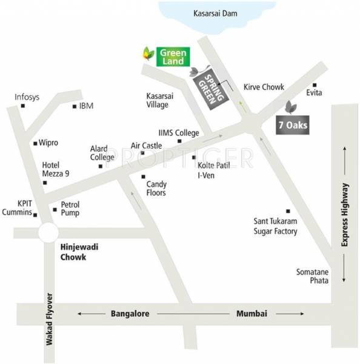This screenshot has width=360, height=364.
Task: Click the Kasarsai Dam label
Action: (x=214, y=13)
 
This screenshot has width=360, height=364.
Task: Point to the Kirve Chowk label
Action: (x=264, y=87)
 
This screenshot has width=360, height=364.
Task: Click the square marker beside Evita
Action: (x=315, y=85)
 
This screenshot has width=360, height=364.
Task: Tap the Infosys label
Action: (x=27, y=96)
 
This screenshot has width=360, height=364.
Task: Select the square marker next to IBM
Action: (x=75, y=106)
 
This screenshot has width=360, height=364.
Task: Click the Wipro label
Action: (x=48, y=143)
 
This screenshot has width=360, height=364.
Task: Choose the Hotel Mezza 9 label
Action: (x=55, y=169)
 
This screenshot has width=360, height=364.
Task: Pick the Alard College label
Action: (x=102, y=152)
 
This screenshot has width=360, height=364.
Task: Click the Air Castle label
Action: (x=146, y=146)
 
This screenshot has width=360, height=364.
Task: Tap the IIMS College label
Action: (x=179, y=132)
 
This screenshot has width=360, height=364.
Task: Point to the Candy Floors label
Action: (x=157, y=187)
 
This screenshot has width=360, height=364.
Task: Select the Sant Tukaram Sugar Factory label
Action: (x=276, y=226)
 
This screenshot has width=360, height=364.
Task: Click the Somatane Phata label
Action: (x=313, y=276)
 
